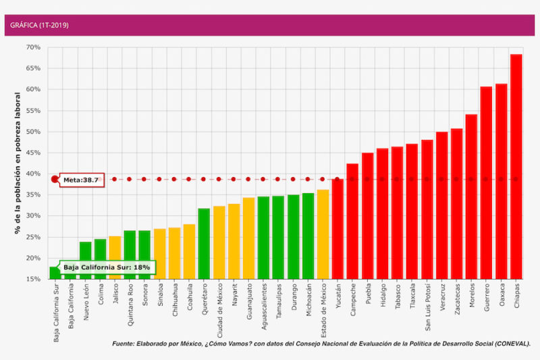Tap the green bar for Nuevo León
[85, 260]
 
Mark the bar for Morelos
[471, 197]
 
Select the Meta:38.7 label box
[82, 180]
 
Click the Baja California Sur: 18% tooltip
[107, 267]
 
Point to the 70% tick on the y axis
[32, 47]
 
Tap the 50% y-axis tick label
[32, 132]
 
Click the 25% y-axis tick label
[32, 237]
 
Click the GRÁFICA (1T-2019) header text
[39, 25]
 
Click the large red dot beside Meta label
[55, 180]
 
